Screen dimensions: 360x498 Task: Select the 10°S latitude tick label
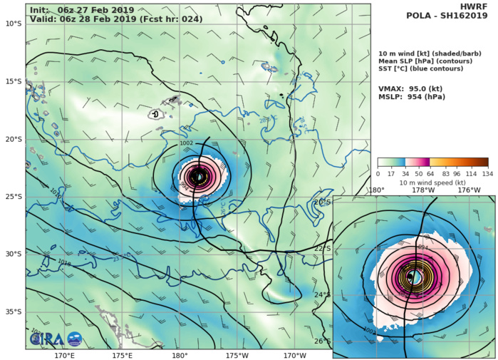pyautogui.click(x=13, y=24)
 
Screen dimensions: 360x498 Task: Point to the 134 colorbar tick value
pyautogui.click(x=488, y=174)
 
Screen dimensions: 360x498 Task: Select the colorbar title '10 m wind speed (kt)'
pyautogui.click(x=432, y=182)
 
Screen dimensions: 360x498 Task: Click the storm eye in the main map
pyautogui.click(x=199, y=176)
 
